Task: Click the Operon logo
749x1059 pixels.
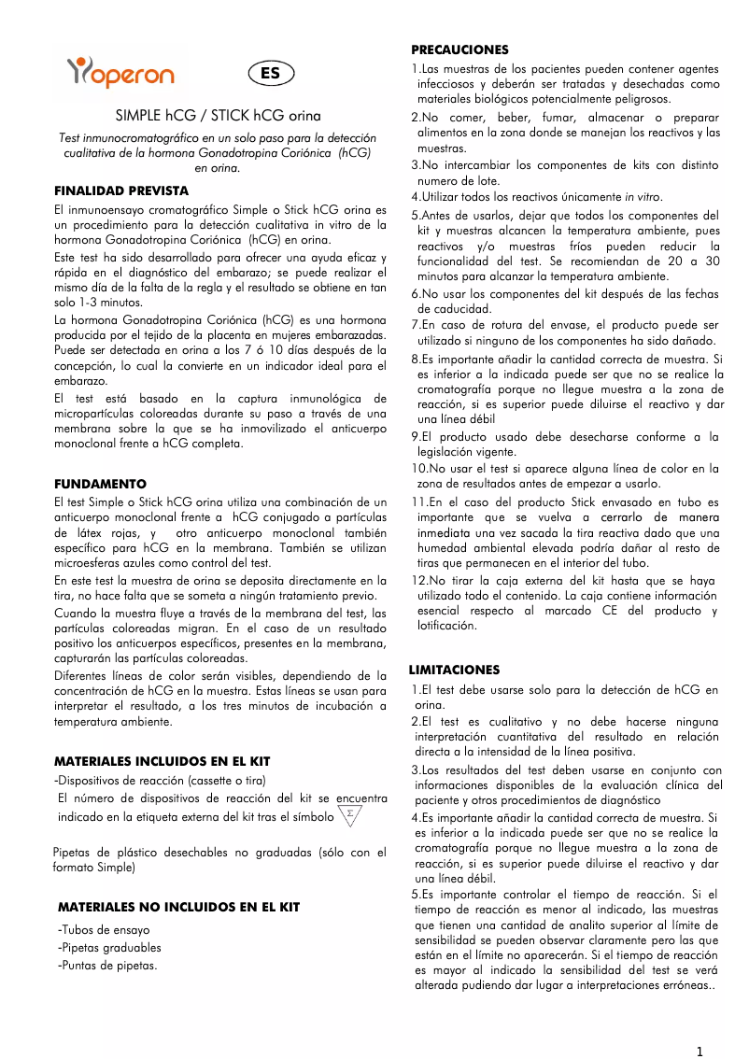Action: [120, 72]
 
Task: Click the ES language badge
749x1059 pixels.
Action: [270, 74]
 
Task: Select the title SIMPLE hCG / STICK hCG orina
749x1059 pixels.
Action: [218, 117]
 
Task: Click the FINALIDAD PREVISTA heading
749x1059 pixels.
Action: [121, 191]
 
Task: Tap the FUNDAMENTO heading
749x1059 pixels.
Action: [100, 485]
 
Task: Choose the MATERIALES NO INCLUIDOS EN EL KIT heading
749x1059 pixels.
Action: [178, 907]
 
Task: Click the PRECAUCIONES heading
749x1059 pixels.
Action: [460, 49]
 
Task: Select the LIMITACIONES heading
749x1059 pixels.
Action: [455, 670]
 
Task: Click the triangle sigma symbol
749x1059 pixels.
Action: [349, 814]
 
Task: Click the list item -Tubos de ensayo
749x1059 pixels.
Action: [104, 930]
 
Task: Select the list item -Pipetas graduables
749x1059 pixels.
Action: [109, 948]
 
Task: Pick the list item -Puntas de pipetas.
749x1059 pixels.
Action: [107, 966]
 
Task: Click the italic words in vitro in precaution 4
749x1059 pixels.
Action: [643, 197]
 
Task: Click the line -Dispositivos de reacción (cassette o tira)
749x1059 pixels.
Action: [162, 781]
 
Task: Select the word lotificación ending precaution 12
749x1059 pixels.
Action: [447, 627]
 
